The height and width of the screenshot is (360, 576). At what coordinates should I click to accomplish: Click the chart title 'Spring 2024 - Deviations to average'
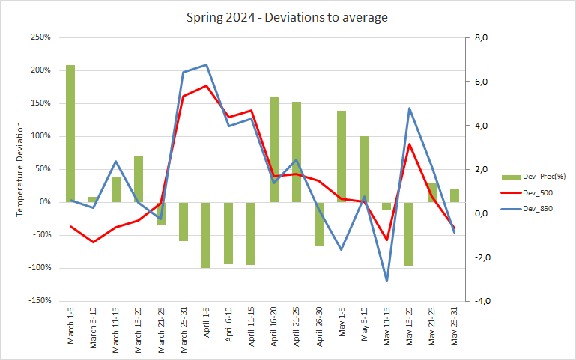(287, 17)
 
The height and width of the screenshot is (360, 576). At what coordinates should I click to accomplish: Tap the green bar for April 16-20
(274, 150)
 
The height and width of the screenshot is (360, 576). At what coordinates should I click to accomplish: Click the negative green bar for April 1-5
(206, 235)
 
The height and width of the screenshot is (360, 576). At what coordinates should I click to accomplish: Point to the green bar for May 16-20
(410, 234)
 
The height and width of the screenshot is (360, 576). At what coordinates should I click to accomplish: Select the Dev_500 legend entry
(534, 192)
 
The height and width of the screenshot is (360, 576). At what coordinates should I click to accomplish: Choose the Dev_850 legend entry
(534, 209)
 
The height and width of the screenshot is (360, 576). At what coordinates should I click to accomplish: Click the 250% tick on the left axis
(40, 37)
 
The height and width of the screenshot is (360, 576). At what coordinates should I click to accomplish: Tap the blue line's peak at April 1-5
(206, 65)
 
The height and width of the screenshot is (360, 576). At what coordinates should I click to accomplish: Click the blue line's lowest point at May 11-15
(387, 281)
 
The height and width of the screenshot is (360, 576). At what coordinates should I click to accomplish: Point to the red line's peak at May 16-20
(410, 144)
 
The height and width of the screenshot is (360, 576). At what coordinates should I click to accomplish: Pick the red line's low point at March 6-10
(93, 242)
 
